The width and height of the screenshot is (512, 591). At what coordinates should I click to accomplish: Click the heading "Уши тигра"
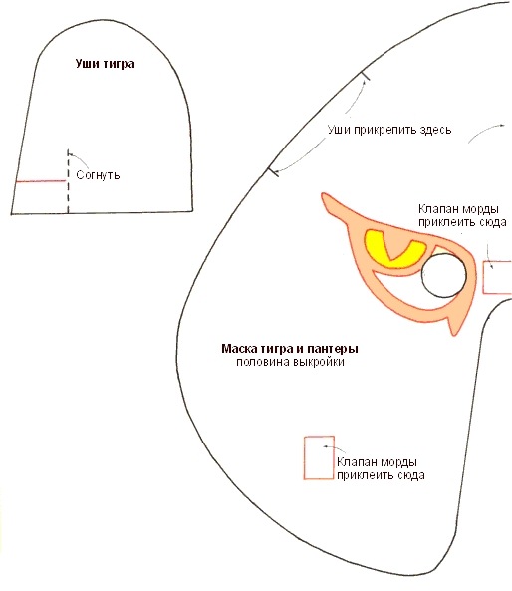(x=106, y=64)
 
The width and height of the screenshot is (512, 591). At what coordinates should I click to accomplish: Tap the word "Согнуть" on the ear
(x=98, y=175)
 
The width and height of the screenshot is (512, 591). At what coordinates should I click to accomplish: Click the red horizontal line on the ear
(x=40, y=181)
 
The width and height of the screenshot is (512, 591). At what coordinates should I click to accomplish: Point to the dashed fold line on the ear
(x=68, y=181)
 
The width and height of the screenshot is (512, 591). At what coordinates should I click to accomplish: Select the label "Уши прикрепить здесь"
(x=389, y=130)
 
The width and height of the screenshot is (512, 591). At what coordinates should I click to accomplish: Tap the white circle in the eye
(x=444, y=275)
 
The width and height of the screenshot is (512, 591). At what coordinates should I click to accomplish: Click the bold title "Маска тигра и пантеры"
(x=290, y=349)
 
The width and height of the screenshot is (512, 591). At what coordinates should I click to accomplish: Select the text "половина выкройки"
(x=290, y=362)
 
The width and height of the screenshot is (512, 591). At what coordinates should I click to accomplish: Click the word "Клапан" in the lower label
(x=358, y=462)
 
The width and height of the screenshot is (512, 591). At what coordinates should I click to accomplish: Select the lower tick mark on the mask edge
(x=273, y=172)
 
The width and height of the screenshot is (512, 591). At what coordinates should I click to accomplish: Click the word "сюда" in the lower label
(x=411, y=475)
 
